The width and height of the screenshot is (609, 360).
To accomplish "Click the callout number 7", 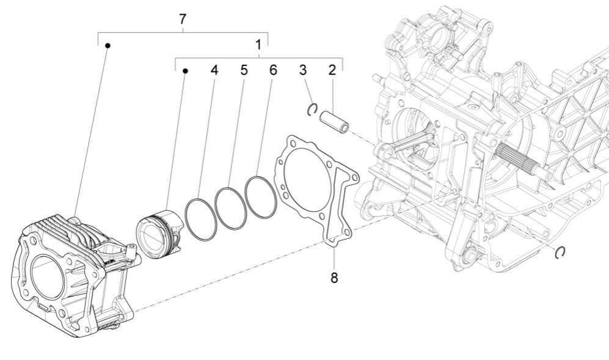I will tap(183, 19).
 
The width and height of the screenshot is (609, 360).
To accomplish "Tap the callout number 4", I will tap(214, 70).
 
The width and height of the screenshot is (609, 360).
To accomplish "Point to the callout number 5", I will tap(244, 70).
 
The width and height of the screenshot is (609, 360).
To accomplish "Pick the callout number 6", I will tap(273, 70).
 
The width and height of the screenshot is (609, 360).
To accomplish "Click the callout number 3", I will tap(303, 70).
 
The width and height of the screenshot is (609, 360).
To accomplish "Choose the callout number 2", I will tap(332, 70).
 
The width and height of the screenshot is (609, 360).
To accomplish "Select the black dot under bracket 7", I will tap(108, 45).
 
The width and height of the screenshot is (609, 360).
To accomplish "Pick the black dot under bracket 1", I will tap(185, 71).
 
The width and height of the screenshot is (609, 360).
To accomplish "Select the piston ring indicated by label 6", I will tap(261, 197).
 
